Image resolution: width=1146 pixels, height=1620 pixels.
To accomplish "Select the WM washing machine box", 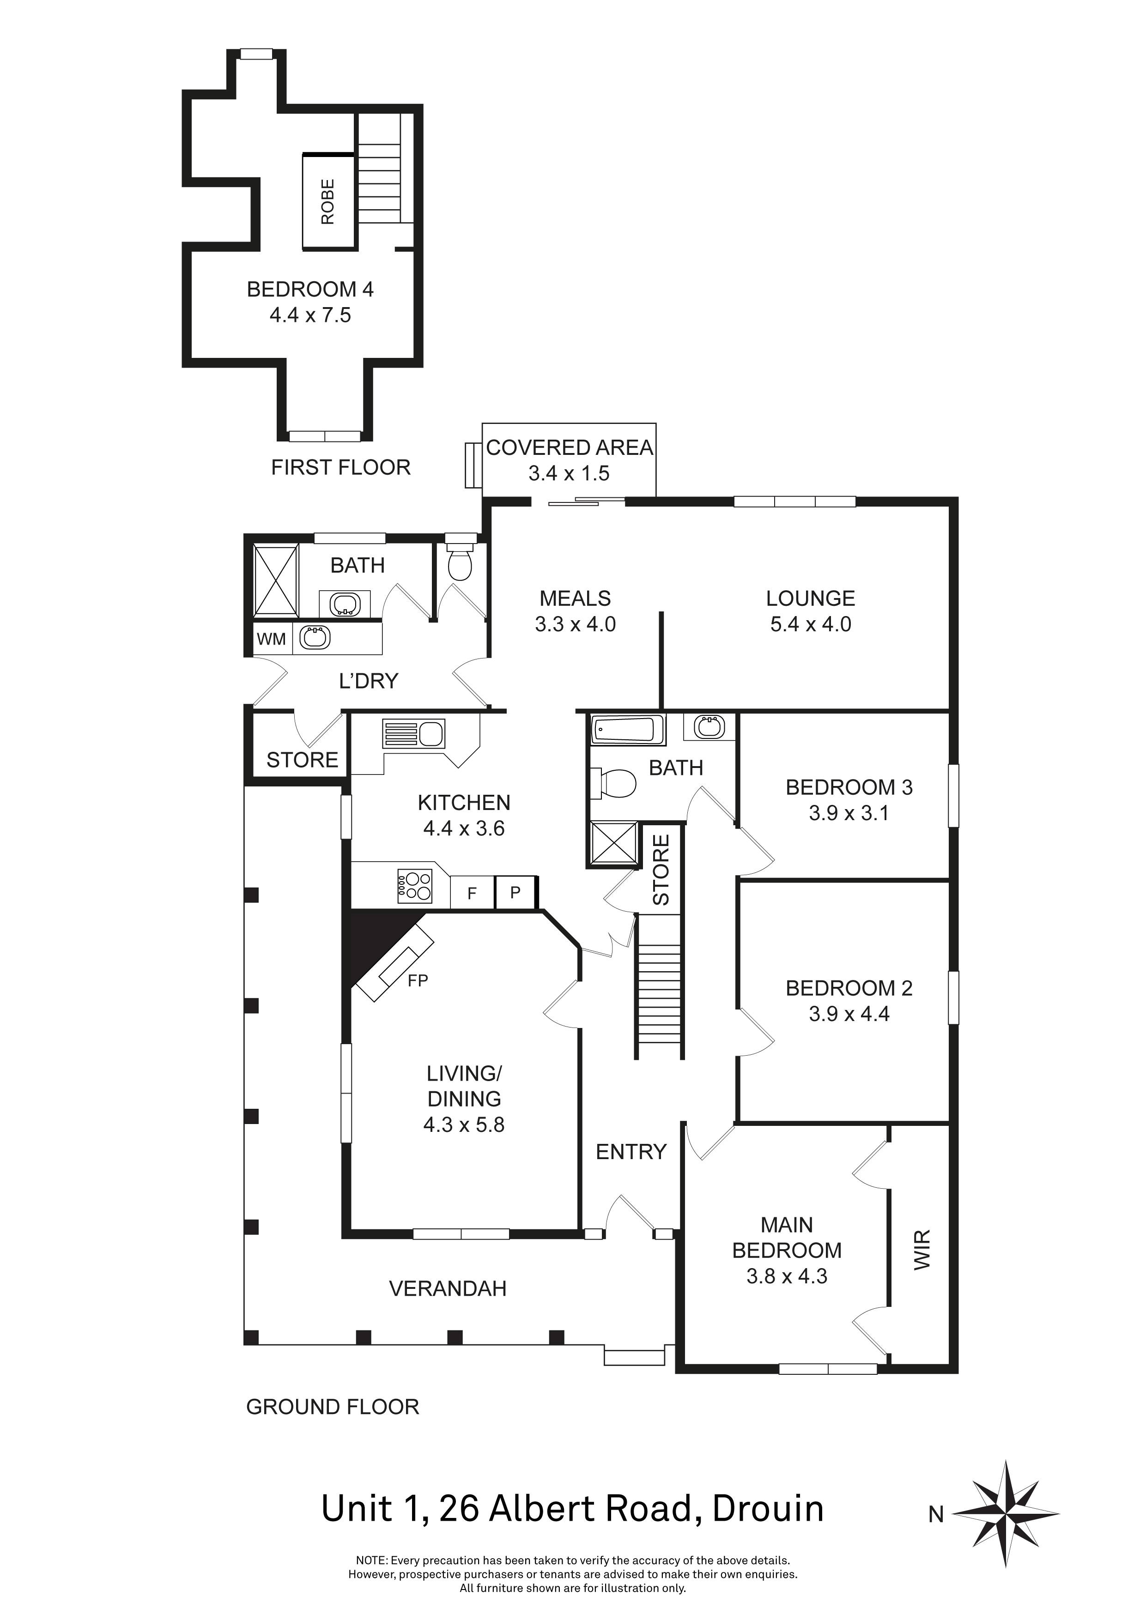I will click(x=271, y=639).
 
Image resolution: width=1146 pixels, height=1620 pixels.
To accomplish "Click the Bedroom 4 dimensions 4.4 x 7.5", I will click(x=310, y=315).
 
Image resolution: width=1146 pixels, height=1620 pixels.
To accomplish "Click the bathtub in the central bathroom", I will click(x=627, y=730).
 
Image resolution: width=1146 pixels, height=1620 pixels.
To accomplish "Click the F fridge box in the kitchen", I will click(x=472, y=893).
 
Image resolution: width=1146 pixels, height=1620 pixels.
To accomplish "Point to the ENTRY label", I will click(x=631, y=1151).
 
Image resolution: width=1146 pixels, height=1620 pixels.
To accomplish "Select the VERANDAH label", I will click(x=448, y=1288).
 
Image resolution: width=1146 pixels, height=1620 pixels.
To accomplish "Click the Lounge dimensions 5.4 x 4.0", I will click(x=810, y=624).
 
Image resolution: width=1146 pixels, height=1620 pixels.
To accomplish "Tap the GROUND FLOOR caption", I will click(x=333, y=1407).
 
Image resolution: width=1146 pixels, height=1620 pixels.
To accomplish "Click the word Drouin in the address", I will click(x=768, y=1509).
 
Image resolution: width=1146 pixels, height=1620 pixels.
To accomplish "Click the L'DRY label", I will click(x=368, y=681).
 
